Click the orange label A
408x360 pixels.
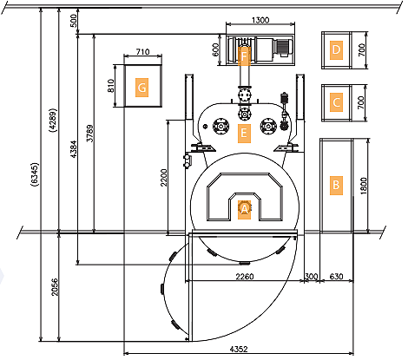pyautogui.click(x=244, y=209)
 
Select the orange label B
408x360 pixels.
pyautogui.click(x=336, y=186)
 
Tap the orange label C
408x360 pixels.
pyautogui.click(x=336, y=102)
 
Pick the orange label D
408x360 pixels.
pyautogui.click(x=336, y=49)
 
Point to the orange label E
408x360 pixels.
pyautogui.click(x=244, y=134)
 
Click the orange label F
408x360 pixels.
pyautogui.click(x=244, y=56)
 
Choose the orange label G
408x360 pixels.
pyautogui.click(x=141, y=88)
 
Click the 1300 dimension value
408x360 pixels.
pyautogui.click(x=260, y=20)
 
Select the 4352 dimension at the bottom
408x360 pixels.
pyautogui.click(x=239, y=349)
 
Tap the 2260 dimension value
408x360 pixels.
pyautogui.click(x=245, y=277)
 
